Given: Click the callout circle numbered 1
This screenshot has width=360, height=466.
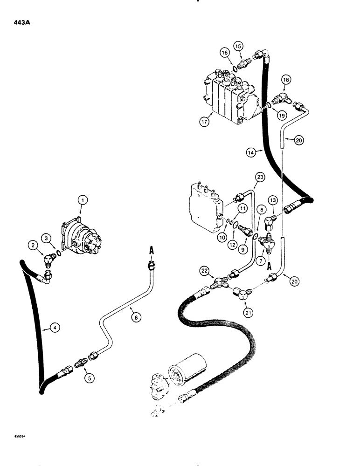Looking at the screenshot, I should [82, 201].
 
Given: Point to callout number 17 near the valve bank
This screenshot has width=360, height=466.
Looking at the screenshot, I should [204, 123].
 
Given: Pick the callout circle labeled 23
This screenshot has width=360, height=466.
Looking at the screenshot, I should [260, 177].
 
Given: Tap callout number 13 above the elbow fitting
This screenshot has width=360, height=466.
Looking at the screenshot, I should [273, 200].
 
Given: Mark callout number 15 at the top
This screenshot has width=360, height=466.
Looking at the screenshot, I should [238, 47].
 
